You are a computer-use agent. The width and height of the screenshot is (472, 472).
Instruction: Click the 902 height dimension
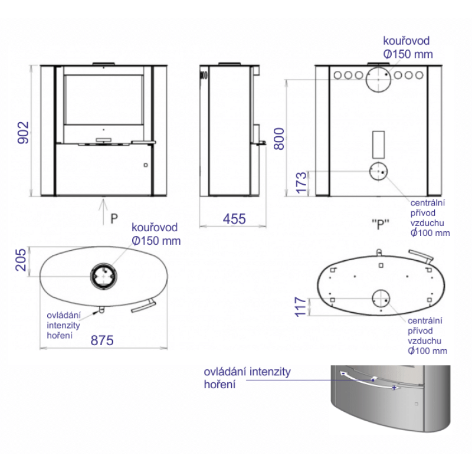[23, 132]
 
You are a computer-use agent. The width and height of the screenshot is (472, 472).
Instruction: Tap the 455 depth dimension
[234, 219]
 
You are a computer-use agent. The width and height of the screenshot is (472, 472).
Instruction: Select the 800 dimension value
[279, 139]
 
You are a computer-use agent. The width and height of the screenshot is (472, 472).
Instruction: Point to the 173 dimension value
[301, 183]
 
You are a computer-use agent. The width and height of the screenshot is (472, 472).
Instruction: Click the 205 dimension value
[21, 260]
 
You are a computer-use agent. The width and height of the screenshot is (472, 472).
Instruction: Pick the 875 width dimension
[102, 340]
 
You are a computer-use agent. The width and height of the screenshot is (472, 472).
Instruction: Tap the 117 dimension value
[300, 307]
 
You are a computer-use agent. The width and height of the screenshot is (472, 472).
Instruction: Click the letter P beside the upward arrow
[114, 219]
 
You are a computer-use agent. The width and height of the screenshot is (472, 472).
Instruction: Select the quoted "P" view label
[381, 224]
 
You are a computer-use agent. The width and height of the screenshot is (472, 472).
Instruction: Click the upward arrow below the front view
[103, 212]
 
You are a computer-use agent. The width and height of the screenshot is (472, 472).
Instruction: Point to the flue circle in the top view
[104, 276]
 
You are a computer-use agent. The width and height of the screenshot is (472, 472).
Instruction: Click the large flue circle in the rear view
[378, 80]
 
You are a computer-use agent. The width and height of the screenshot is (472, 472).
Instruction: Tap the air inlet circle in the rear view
[378, 171]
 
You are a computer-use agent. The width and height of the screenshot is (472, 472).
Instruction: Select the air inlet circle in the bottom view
[381, 299]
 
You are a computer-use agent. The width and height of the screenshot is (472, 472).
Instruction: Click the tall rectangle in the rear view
[378, 145]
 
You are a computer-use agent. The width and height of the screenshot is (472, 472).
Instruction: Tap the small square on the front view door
[146, 165]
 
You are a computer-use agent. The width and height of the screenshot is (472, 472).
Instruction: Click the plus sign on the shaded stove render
[394, 388]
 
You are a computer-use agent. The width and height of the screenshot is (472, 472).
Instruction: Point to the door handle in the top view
[143, 306]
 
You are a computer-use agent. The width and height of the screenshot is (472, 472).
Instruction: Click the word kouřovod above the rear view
[406, 41]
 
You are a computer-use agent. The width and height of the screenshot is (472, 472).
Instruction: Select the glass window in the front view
[103, 100]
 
